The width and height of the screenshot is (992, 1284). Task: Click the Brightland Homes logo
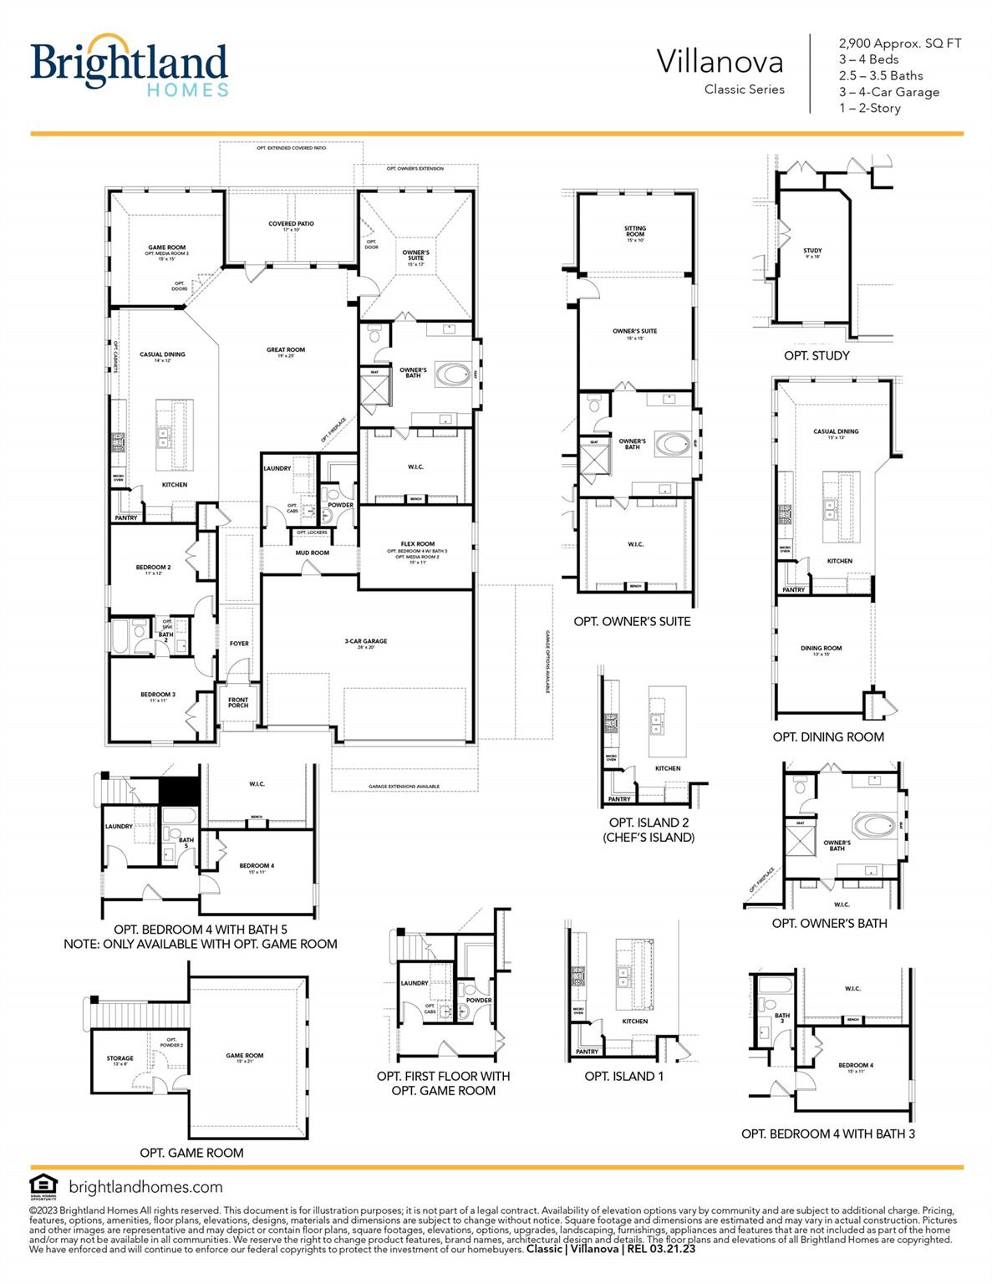coord(129,65)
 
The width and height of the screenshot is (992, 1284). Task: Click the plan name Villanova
coord(720,62)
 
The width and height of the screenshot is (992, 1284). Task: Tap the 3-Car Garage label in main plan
coord(366,642)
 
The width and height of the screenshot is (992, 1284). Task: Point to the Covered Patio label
coord(291,224)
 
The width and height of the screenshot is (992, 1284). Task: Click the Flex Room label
coord(418,544)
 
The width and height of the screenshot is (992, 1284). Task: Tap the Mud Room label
coord(313,553)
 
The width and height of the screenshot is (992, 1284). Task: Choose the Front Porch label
coord(238,702)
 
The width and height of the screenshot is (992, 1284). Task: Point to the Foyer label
coord(239,644)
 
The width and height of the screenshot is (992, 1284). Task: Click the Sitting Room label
coord(635,231)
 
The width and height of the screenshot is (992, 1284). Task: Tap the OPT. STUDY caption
coord(816,356)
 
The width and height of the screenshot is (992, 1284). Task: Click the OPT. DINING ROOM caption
coord(828,737)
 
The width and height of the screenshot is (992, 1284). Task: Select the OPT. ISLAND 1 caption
coord(624,1077)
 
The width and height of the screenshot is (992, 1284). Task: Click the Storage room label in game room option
coord(120,1058)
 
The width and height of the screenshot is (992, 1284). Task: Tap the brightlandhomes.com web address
coord(145,1187)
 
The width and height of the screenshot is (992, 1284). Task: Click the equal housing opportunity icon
coord(43,1186)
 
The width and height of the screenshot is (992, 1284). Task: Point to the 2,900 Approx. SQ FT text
coord(900,43)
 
